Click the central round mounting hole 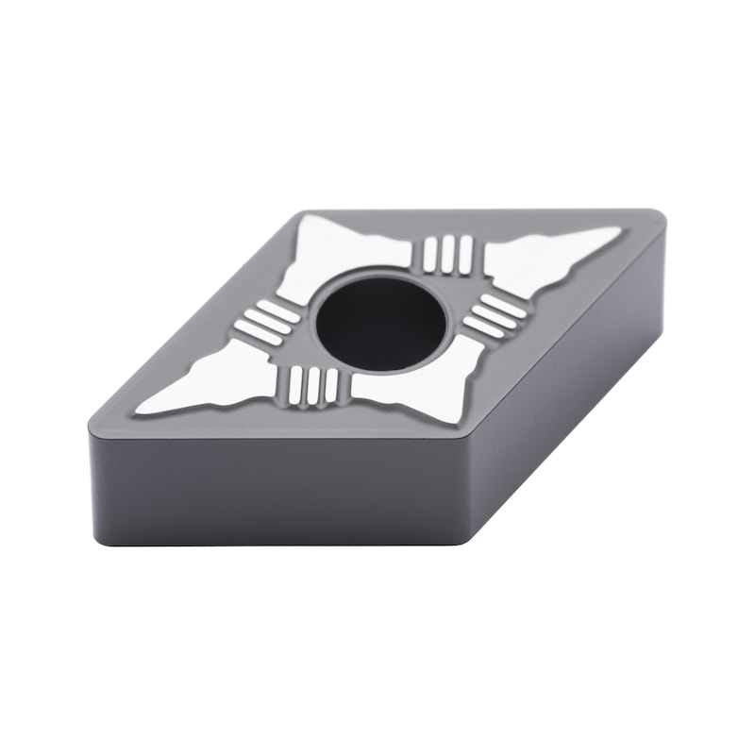[380, 320]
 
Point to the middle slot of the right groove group [494, 315]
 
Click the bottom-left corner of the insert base [99, 538]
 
